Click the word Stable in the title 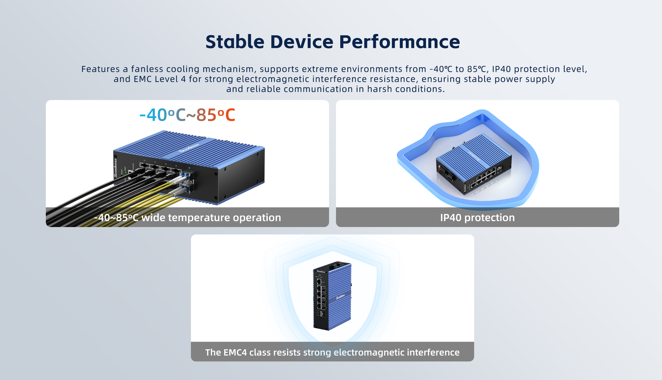pyautogui.click(x=235, y=42)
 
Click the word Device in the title pyautogui.click(x=302, y=42)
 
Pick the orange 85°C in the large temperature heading pyautogui.click(x=216, y=115)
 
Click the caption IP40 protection pyautogui.click(x=477, y=217)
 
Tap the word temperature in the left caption pyautogui.click(x=199, y=217)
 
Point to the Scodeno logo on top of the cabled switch pyautogui.click(x=189, y=148)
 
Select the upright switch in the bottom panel pyautogui.click(x=332, y=296)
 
